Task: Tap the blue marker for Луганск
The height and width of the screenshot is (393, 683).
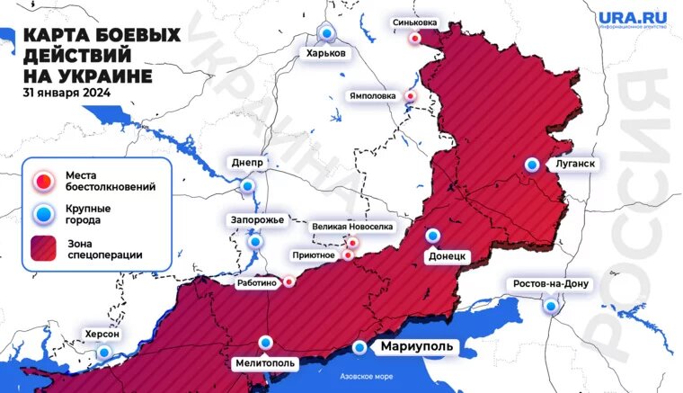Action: [532, 164]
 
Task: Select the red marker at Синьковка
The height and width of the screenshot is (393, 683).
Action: [414, 39]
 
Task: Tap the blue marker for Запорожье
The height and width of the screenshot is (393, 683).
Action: [255, 241]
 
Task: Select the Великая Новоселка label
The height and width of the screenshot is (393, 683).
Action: [352, 227]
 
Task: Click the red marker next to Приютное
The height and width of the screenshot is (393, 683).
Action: [349, 255]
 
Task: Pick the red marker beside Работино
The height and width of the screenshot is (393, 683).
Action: [288, 281]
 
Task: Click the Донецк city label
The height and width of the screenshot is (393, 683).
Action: [446, 255]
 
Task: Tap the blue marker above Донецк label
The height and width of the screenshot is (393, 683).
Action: [433, 235]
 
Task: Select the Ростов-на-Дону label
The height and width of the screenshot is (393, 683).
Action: [550, 284]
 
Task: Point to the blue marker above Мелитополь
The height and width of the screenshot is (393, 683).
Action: [265, 342]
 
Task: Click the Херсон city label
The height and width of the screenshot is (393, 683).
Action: [101, 334]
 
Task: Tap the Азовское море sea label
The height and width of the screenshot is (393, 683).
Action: [364, 376]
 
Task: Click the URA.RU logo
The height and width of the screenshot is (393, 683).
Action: [633, 19]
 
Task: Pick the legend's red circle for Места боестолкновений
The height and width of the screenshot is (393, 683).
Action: [42, 180]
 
